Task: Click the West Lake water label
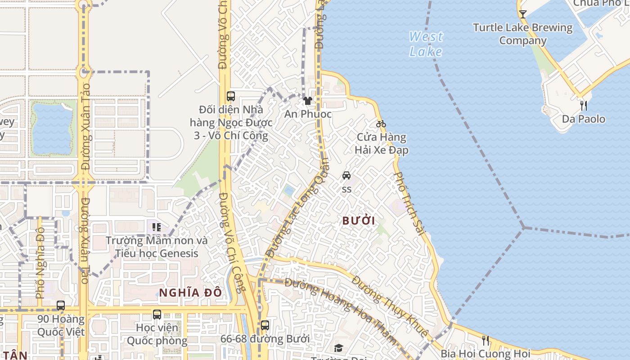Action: [426, 44]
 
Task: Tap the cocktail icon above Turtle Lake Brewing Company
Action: [522, 14]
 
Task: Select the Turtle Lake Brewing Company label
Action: [522, 34]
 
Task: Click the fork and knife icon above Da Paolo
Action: [584, 106]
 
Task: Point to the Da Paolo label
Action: [584, 119]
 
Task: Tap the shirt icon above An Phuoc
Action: [308, 101]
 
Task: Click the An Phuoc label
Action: [308, 114]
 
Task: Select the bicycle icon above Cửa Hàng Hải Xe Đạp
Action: [381, 124]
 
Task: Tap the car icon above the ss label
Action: [346, 175]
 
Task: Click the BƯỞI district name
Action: [359, 221]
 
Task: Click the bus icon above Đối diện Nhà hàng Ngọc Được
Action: [231, 96]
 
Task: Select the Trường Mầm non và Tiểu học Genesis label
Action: [157, 247]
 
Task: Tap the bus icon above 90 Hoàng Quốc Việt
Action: [61, 306]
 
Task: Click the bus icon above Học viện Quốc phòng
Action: [157, 315]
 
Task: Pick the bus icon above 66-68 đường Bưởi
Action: [265, 325]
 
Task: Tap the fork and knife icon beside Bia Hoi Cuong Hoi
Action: [485, 340]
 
